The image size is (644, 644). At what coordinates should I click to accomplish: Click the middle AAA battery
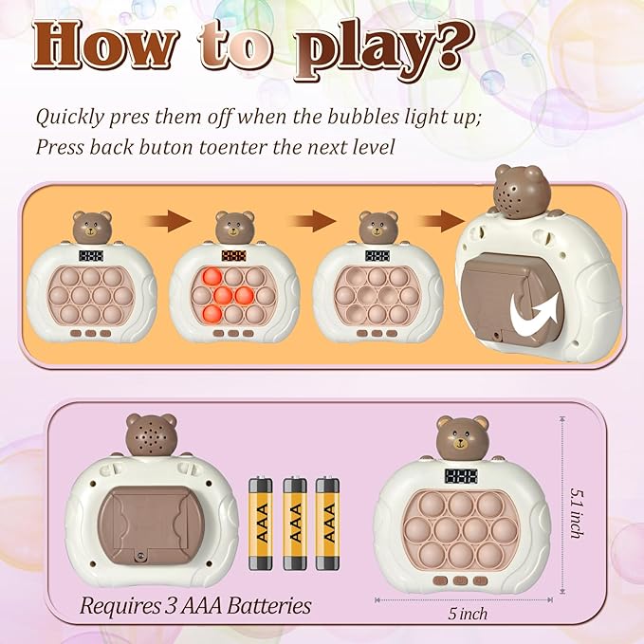(294, 524)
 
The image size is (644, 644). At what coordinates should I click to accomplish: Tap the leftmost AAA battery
(260, 524)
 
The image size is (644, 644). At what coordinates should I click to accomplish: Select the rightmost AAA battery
(328, 524)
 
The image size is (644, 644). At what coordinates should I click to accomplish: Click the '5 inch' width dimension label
(469, 614)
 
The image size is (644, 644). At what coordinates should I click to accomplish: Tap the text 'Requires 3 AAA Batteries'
(195, 604)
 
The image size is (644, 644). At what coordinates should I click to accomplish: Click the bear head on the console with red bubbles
(233, 229)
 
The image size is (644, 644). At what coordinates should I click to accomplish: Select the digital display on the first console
(92, 256)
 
